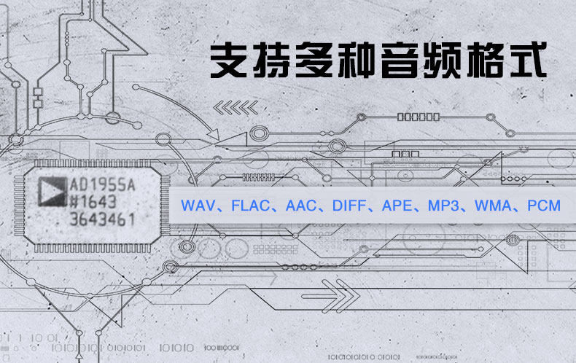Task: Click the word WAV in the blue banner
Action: pyautogui.click(x=198, y=206)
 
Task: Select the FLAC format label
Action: pyautogui.click(x=249, y=206)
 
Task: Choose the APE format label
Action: pyautogui.click(x=400, y=206)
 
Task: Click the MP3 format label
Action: pyautogui.click(x=447, y=206)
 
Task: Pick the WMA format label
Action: pyautogui.click(x=494, y=206)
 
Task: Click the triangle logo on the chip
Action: pyautogui.click(x=50, y=190)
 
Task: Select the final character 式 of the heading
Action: pyautogui.click(x=526, y=61)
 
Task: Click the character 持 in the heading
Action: pyautogui.click(x=272, y=61)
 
